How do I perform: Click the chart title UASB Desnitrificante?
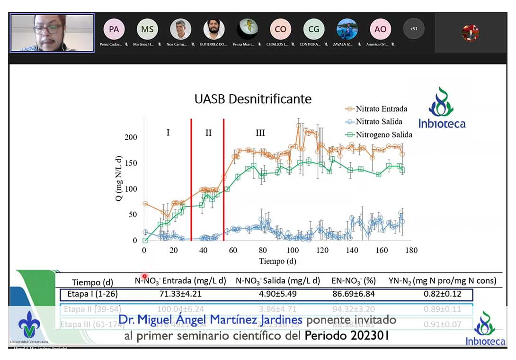(253, 99)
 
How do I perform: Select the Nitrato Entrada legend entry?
(376, 108)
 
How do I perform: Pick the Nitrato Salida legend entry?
(374, 121)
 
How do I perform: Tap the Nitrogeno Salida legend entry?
(378, 135)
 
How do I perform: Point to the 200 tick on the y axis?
(131, 137)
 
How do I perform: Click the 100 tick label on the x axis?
(293, 250)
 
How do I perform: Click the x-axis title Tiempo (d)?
(278, 261)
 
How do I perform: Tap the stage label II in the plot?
(208, 133)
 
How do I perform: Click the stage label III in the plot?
(260, 133)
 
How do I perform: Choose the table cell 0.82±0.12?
(442, 294)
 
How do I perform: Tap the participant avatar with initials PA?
(114, 29)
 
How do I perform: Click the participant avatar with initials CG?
(314, 29)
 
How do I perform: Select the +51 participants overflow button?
(414, 29)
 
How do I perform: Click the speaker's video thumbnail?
(52, 33)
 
